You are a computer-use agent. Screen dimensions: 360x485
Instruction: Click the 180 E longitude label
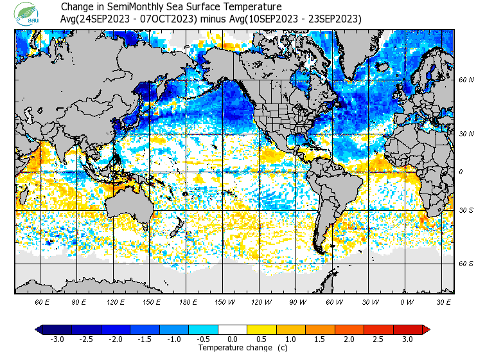pyautogui.click(x=188, y=301)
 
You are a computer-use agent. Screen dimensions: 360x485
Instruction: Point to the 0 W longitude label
pyautogui.click(x=407, y=301)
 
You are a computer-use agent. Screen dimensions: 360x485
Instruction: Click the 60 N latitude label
pyautogui.click(x=465, y=80)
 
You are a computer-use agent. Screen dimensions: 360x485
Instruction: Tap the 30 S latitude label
pyautogui.click(x=465, y=210)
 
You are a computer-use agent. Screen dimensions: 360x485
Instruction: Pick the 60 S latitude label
pyautogui.click(x=465, y=264)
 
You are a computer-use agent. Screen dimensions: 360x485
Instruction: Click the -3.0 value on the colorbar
pyautogui.click(x=57, y=339)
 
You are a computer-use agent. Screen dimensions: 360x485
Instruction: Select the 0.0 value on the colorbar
pyautogui.click(x=233, y=339)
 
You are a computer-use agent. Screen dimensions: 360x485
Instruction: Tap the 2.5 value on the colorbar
pyautogui.click(x=379, y=339)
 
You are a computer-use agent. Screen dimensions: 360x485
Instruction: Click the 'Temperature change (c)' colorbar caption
pyautogui.click(x=233, y=348)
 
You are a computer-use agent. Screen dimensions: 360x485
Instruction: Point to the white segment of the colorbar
pyautogui.click(x=233, y=329)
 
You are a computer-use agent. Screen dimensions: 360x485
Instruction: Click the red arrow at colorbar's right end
pyautogui.click(x=426, y=329)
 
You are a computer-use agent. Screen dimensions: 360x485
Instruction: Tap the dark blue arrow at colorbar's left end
pyautogui.click(x=39, y=329)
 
